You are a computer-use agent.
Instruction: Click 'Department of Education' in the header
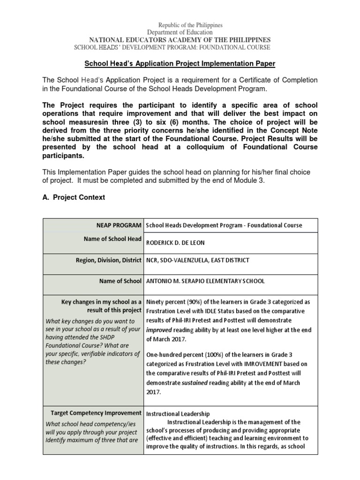pyautogui.click(x=180, y=32)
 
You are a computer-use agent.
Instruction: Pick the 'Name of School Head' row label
pyautogui.click(x=112, y=239)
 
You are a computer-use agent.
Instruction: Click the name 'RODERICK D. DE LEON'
pyautogui.click(x=176, y=244)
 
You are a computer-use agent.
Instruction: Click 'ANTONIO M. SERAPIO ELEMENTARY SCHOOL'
pyautogui.click(x=205, y=281)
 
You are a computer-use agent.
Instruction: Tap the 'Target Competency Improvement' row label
pyautogui.click(x=96, y=412)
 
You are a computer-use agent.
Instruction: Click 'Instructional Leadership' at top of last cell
pyautogui.click(x=178, y=414)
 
